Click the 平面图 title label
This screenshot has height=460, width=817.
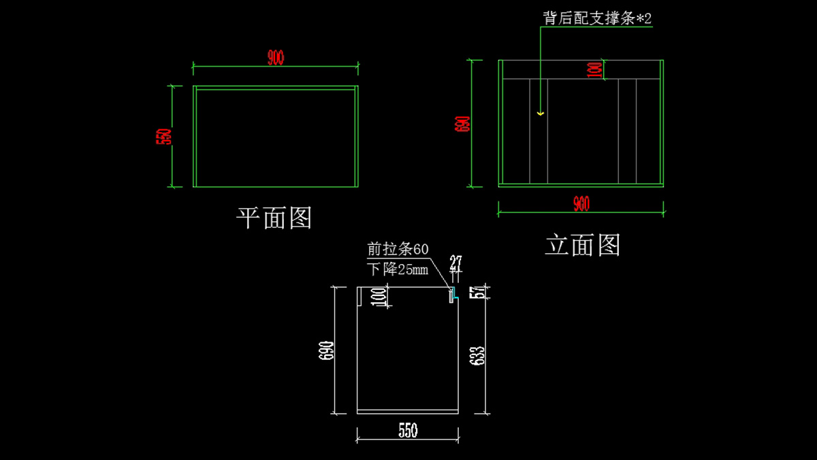pyautogui.click(x=274, y=218)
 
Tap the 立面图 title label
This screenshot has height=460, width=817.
pyautogui.click(x=583, y=245)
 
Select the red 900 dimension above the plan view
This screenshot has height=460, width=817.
pyautogui.click(x=275, y=59)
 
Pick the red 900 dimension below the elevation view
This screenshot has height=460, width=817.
pyautogui.click(x=581, y=203)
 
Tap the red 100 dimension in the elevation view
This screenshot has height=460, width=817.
pyautogui.click(x=594, y=69)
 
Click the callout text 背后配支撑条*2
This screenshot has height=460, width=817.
pyautogui.click(x=597, y=18)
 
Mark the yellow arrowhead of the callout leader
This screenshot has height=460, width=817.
pyautogui.click(x=541, y=113)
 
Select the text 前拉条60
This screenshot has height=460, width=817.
pyautogui.click(x=398, y=250)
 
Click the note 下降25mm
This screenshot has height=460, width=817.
pyautogui.click(x=398, y=269)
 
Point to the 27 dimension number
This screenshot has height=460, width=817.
pyautogui.click(x=455, y=262)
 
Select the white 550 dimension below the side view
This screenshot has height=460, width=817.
pyautogui.click(x=407, y=431)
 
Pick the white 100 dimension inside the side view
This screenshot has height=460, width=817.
pyautogui.click(x=379, y=297)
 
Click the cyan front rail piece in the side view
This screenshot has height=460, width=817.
pyautogui.click(x=451, y=295)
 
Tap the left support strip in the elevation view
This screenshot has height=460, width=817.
pyautogui.click(x=539, y=131)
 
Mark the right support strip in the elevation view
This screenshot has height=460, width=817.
pyautogui.click(x=627, y=131)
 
